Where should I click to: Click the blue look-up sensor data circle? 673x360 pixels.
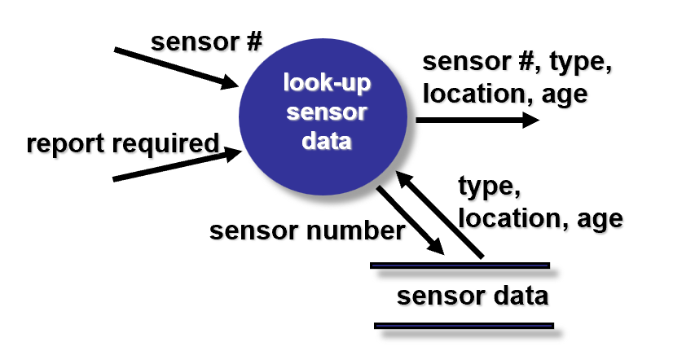[326, 114]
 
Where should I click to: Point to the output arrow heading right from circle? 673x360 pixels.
[477, 121]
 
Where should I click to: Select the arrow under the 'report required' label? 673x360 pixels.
[176, 165]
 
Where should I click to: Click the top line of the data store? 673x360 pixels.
[460, 265]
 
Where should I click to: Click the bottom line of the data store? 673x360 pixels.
[464, 326]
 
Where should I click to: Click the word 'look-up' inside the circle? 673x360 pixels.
[326, 84]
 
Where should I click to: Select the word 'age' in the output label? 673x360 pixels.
[564, 94]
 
